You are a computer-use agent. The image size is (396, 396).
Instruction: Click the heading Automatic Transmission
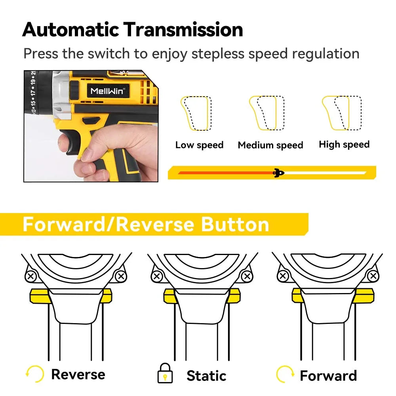click(133, 30)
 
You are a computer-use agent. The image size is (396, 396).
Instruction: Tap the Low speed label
click(199, 145)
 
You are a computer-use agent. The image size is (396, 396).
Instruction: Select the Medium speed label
click(270, 145)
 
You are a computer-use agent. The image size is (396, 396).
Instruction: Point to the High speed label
click(344, 145)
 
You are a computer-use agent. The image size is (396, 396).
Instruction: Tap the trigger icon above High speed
click(341, 113)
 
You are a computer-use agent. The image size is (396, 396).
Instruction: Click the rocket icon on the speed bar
click(279, 173)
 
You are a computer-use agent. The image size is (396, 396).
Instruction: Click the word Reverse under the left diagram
click(78, 374)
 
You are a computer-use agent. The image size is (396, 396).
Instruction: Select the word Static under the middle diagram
click(206, 375)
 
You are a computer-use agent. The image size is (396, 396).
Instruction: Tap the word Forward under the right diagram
click(328, 375)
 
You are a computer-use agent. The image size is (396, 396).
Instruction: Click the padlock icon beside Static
click(165, 373)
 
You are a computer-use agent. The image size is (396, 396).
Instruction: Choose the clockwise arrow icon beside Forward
click(285, 373)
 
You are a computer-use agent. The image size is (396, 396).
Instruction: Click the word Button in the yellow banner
click(235, 224)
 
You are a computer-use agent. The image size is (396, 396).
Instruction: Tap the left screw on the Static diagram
click(157, 276)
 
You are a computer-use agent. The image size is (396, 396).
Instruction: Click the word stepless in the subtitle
click(216, 53)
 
